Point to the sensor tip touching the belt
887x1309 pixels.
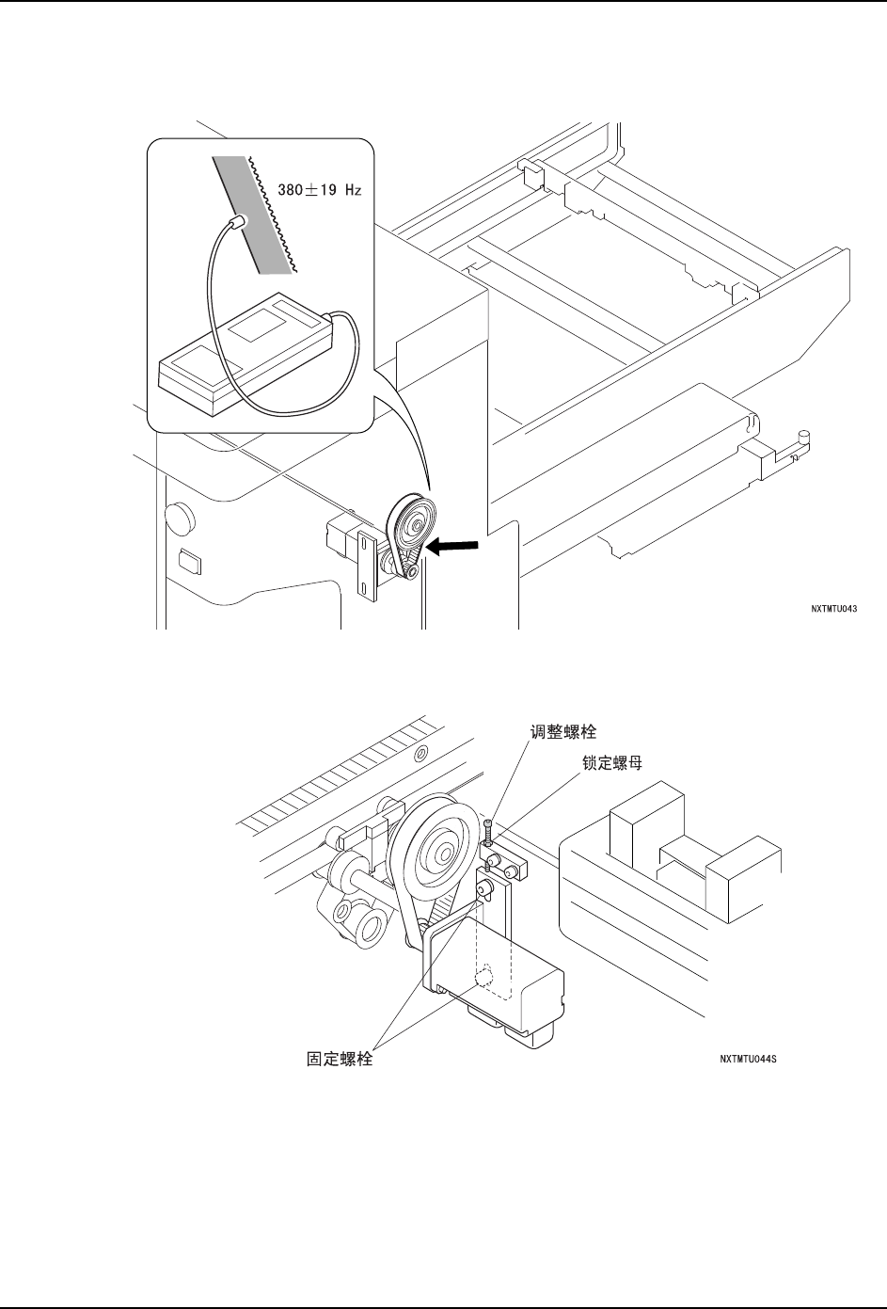[238, 220]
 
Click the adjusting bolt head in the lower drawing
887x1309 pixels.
[489, 824]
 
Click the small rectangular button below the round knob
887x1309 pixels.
[188, 563]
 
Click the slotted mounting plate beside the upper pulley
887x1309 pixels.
[366, 564]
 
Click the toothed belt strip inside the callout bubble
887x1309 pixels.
[260, 213]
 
